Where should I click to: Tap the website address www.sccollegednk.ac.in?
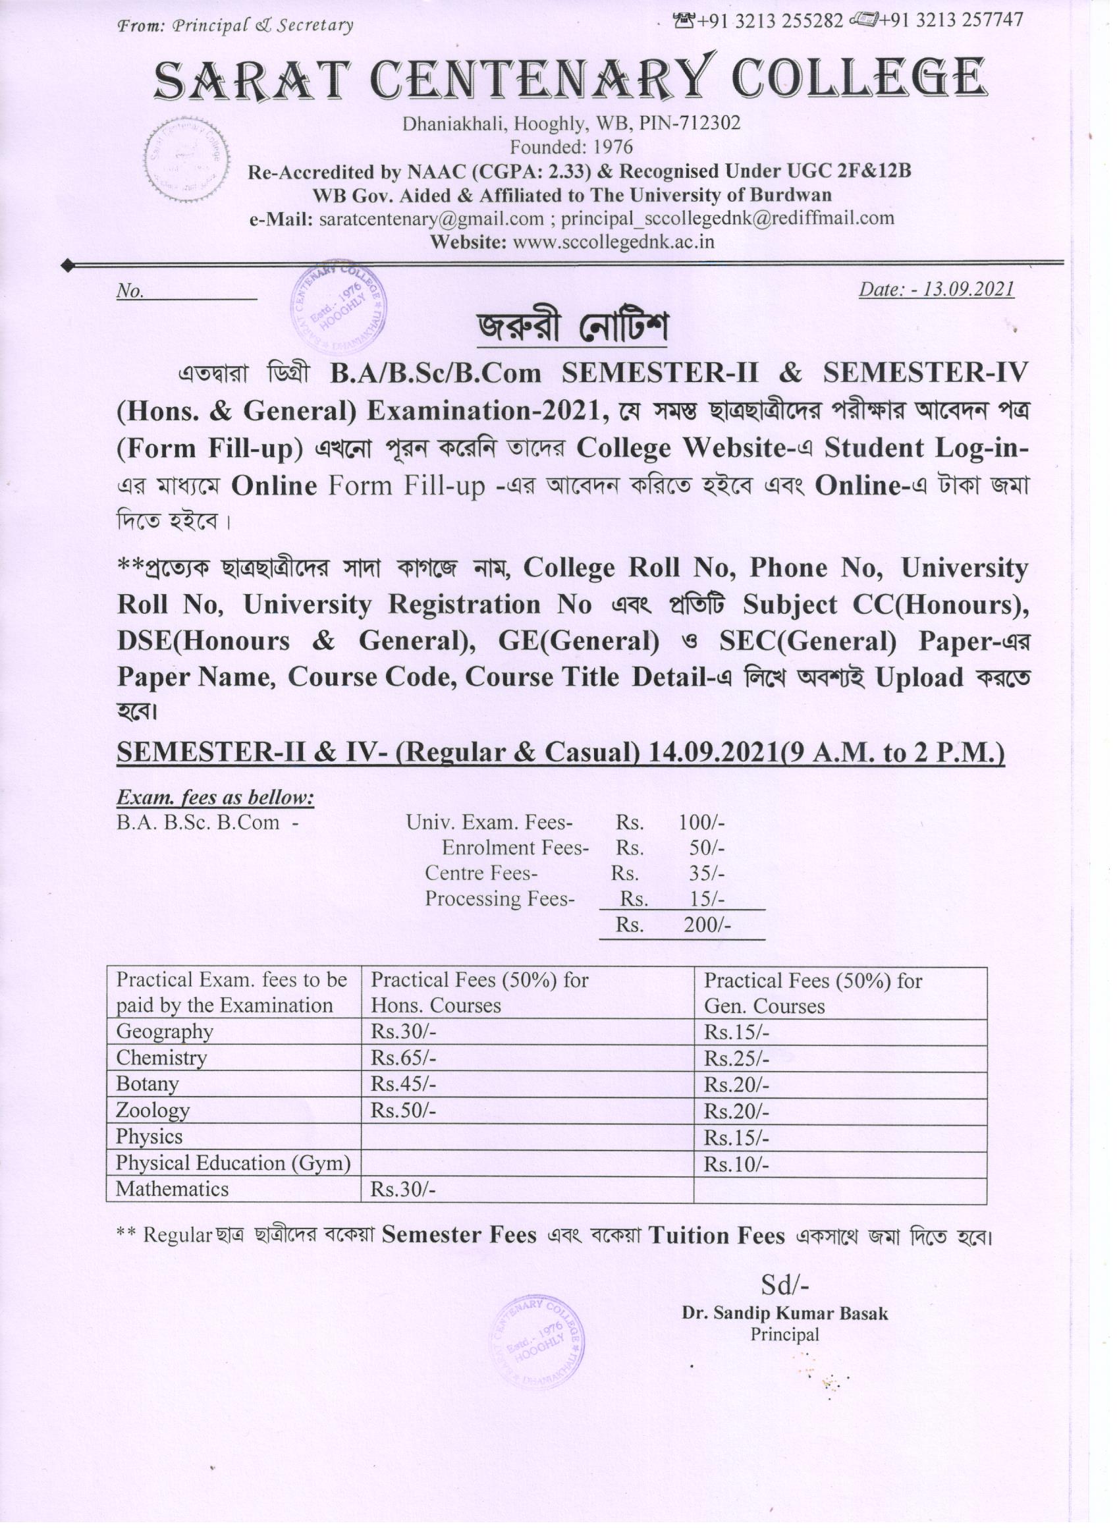pyautogui.click(x=613, y=242)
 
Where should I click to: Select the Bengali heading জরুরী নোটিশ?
pyautogui.click(x=572, y=327)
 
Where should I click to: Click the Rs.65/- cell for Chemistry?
pyautogui.click(x=403, y=1057)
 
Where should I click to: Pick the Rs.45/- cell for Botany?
pyautogui.click(x=403, y=1084)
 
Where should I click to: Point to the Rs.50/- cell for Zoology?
pyautogui.click(x=403, y=1110)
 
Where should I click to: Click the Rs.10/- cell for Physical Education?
pyautogui.click(x=736, y=1164)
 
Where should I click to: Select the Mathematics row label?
pyautogui.click(x=172, y=1189)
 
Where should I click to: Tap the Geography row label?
pyautogui.click(x=165, y=1031)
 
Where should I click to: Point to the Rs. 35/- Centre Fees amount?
pyautogui.click(x=706, y=873)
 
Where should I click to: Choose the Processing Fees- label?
pyautogui.click(x=500, y=898)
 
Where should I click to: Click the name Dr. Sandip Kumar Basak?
pyautogui.click(x=785, y=1313)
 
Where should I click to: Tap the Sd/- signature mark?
pyautogui.click(x=785, y=1284)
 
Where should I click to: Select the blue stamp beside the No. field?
pyautogui.click(x=338, y=309)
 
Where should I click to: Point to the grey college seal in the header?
pyautogui.click(x=187, y=160)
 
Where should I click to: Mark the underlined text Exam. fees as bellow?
pyautogui.click(x=215, y=797)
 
